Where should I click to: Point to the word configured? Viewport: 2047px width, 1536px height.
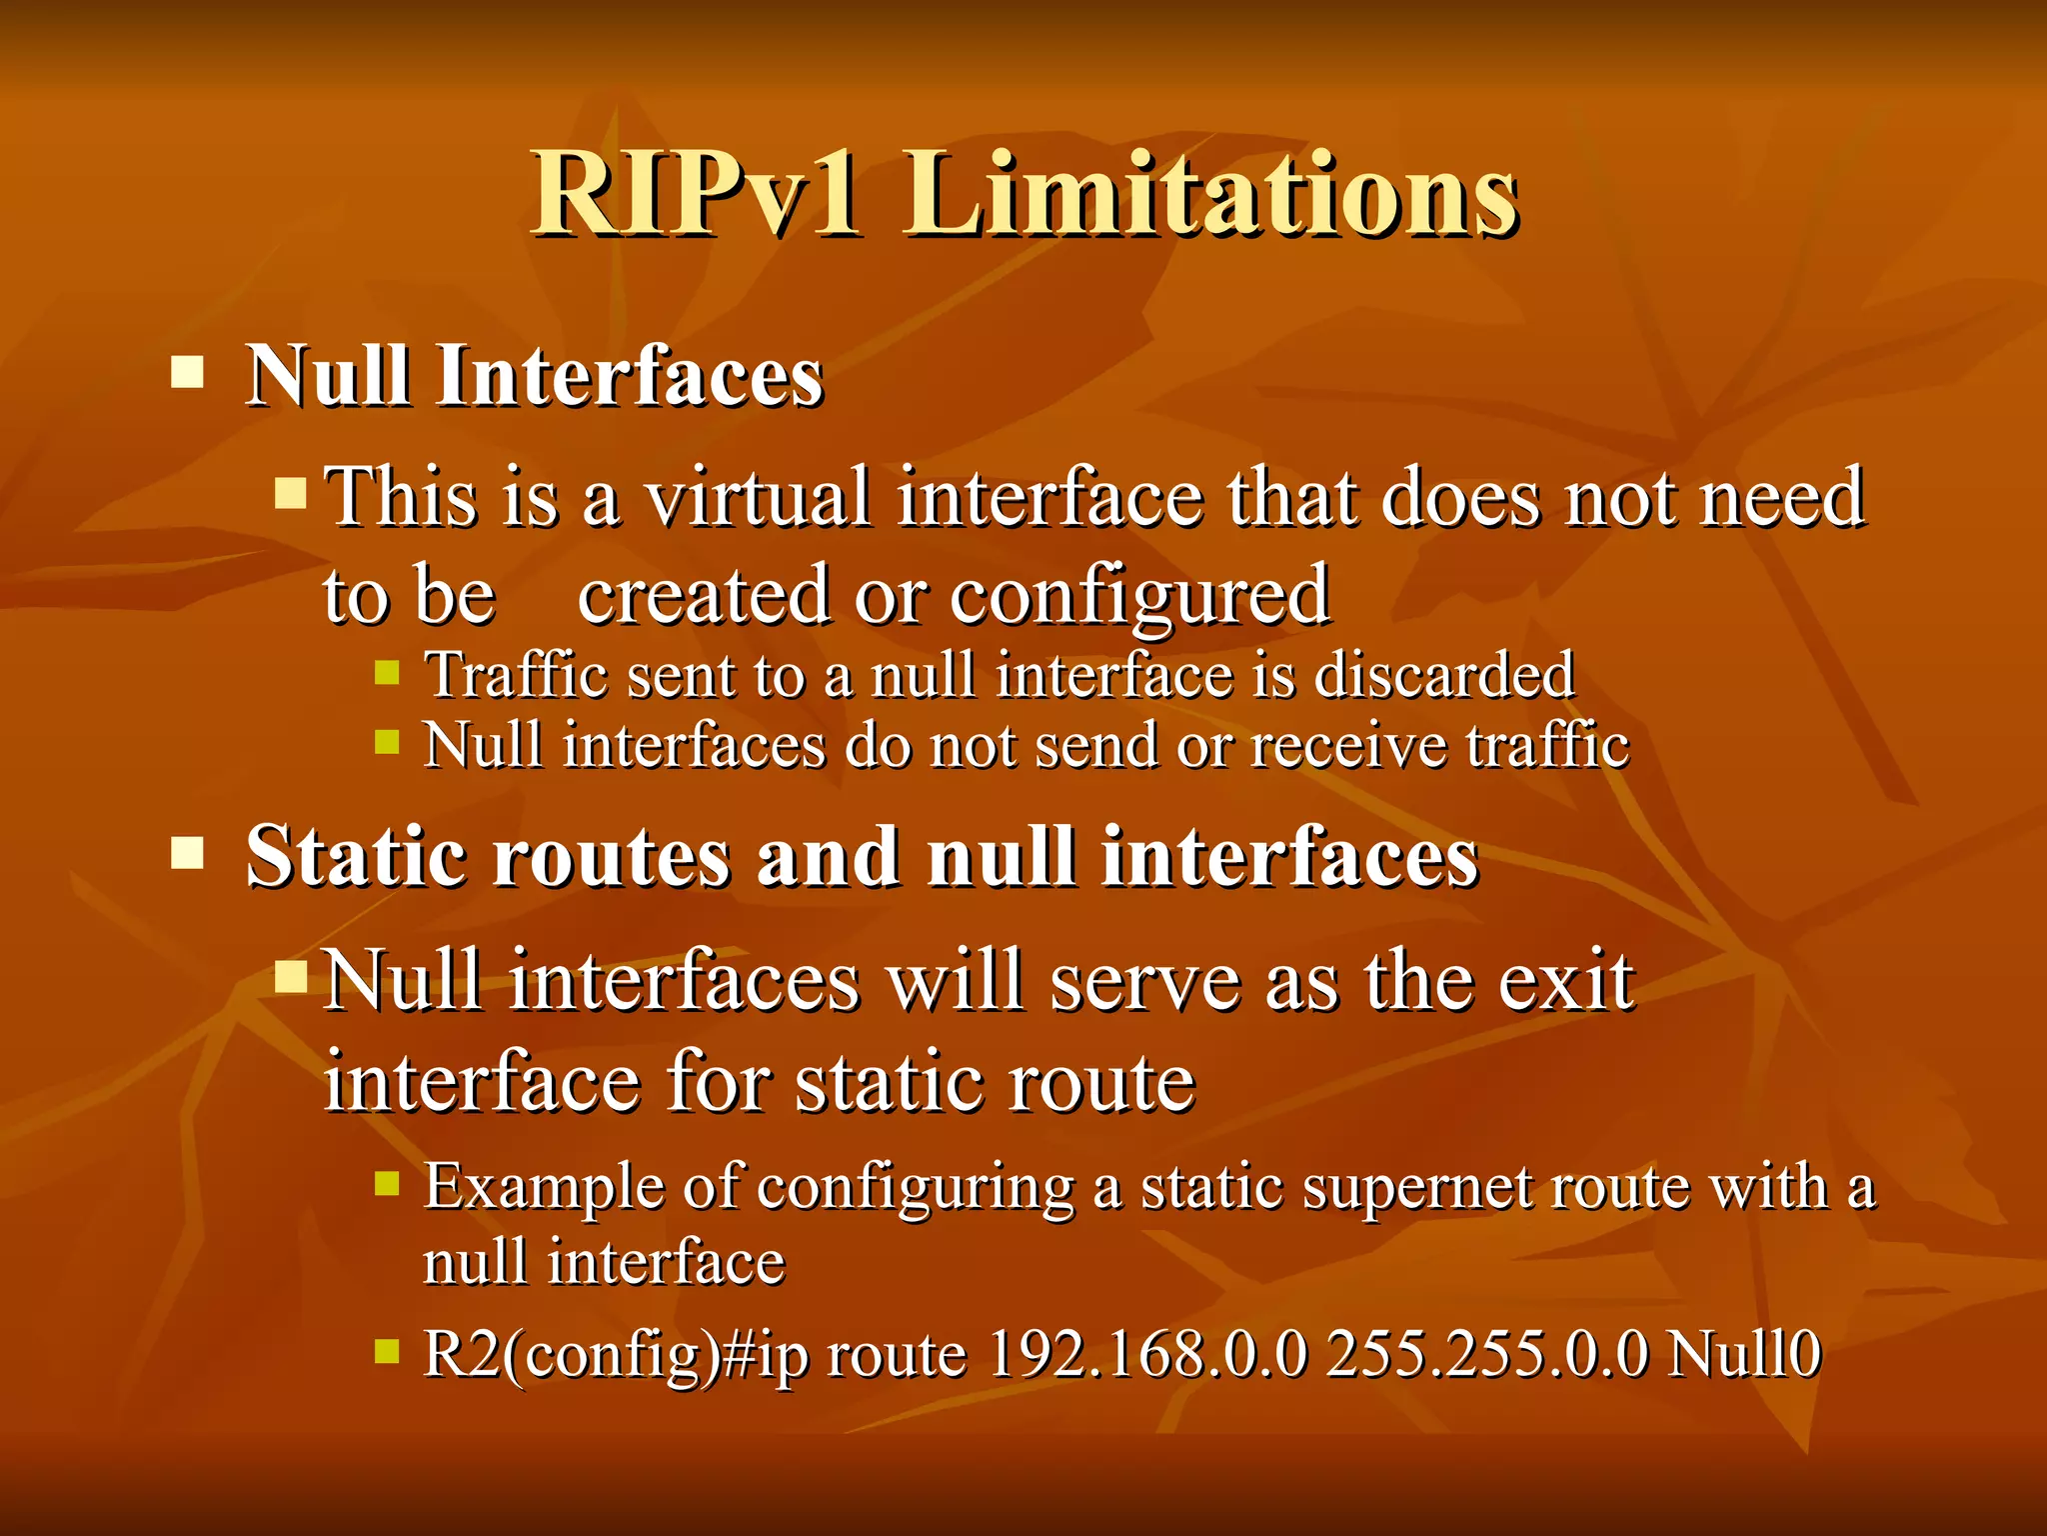[1139, 596]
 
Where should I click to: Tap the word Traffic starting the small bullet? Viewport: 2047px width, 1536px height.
[516, 675]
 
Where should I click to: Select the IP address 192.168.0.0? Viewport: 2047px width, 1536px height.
[1146, 1354]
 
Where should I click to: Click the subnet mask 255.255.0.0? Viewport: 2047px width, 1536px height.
[1486, 1354]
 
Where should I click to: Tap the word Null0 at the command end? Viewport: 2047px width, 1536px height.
[1745, 1354]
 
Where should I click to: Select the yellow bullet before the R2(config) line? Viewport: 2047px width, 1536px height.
[387, 1353]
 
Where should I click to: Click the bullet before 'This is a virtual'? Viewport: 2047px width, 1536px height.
[291, 492]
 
